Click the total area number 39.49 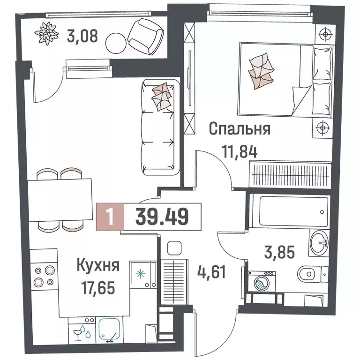coord(162,217)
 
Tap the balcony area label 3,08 coord(82,36)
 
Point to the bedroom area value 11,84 coord(239,151)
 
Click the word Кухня coord(97,266)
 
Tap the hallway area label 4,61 coord(211,270)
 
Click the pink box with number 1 coord(109,217)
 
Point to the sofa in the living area coord(160,127)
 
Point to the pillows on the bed coord(259,70)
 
